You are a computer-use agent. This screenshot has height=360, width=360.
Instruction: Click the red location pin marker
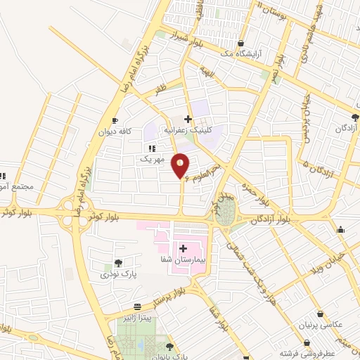pos(181,165)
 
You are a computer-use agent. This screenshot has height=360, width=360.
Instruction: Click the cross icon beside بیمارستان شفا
pos(183,247)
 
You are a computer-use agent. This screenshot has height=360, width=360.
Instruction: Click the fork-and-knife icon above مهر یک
pos(151,148)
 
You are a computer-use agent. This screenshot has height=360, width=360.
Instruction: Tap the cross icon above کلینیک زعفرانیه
pos(188,118)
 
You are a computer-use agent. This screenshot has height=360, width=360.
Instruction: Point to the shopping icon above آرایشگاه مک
pos(242,41)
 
